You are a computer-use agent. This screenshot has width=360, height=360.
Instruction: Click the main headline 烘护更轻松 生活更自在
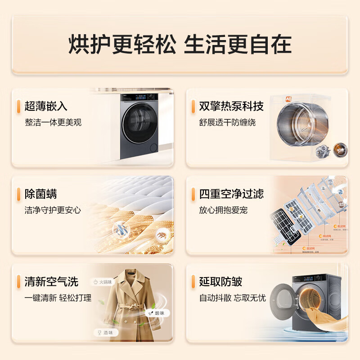pos(180,45)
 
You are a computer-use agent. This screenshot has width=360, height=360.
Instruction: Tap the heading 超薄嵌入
pos(46,106)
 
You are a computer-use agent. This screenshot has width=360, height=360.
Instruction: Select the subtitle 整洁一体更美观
pos(53,122)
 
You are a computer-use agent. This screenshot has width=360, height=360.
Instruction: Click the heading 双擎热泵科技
pos(231,106)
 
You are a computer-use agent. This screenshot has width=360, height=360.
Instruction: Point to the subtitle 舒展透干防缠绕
pos(227,122)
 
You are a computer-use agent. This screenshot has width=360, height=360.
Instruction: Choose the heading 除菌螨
pos(40,194)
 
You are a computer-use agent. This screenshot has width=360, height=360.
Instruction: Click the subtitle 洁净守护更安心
pos(53,210)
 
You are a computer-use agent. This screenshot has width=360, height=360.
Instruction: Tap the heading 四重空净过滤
pos(231,194)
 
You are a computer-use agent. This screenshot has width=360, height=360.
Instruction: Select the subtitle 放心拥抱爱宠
pos(223,210)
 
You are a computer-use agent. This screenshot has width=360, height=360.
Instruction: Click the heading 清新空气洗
pos(51,282)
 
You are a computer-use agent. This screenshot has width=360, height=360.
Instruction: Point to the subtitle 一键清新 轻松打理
pos(58,298)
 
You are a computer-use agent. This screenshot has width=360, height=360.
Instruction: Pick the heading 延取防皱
pos(220,282)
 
